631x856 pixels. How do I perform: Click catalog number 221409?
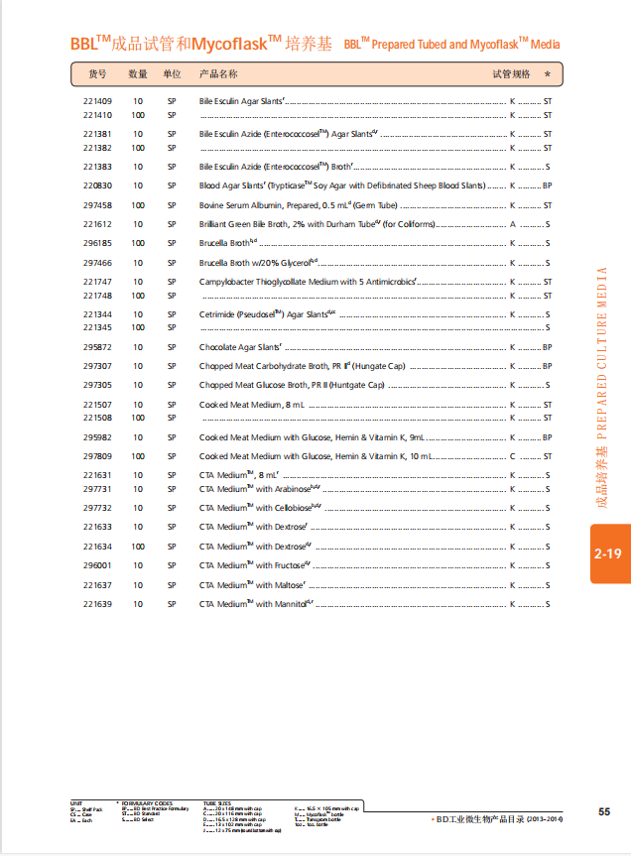point(97,101)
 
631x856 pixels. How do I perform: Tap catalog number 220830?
point(97,185)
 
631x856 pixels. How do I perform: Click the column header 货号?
point(97,74)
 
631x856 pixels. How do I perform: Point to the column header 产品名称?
point(218,74)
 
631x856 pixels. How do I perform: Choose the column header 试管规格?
point(512,74)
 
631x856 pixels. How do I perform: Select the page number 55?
point(604,811)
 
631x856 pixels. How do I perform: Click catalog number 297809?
point(97,456)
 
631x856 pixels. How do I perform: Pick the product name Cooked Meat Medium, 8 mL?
point(252,405)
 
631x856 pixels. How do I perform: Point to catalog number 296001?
point(97,565)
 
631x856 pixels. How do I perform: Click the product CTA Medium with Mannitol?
point(256,604)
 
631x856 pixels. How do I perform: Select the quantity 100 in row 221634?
point(138,547)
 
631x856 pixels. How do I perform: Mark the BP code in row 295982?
point(547,437)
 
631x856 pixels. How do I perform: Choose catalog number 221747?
point(97,282)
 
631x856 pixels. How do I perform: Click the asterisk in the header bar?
point(547,74)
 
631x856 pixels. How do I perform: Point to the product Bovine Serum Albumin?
point(298,205)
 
